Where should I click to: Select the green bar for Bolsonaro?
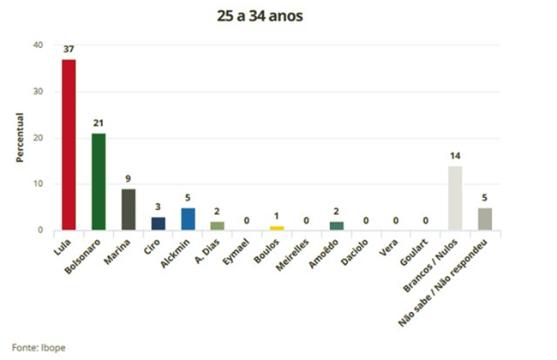pos(99,182)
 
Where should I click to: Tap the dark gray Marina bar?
pos(128,209)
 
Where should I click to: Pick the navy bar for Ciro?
pos(158,223)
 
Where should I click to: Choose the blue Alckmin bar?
pos(188,219)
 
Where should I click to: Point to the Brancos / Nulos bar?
pos(455,198)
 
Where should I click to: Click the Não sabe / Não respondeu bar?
pos(484,219)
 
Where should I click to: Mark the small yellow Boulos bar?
pos(277,228)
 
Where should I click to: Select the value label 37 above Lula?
pos(69,50)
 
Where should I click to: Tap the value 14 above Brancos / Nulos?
pos(455,156)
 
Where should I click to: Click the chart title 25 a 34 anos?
pos(278,15)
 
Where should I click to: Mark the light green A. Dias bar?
pos(217,225)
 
